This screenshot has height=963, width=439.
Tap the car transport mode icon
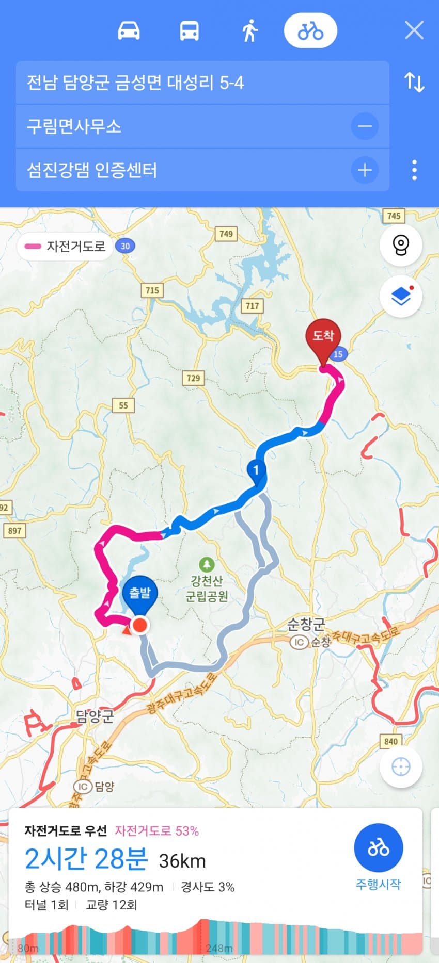pos(129,31)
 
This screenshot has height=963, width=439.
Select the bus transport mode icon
pos(189,31)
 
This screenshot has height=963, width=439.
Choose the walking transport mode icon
pos(250,31)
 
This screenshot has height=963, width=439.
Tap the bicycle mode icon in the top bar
pos(310,31)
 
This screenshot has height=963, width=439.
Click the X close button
pos(414,30)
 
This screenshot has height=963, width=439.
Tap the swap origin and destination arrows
pos(414,82)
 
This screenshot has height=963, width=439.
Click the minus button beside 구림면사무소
pos(365,126)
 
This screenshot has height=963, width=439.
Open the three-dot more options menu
pos(414,170)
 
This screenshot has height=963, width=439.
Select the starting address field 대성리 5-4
pos(201,83)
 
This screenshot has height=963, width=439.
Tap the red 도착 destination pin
pos(323,338)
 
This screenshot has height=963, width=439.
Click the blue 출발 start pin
pos(140,594)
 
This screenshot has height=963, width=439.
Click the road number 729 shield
pos(193,378)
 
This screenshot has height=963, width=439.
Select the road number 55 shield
pos(123,405)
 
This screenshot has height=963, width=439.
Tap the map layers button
pos(401,296)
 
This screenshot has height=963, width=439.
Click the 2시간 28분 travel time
pos(86,859)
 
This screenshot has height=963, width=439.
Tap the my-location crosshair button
pos(401,767)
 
